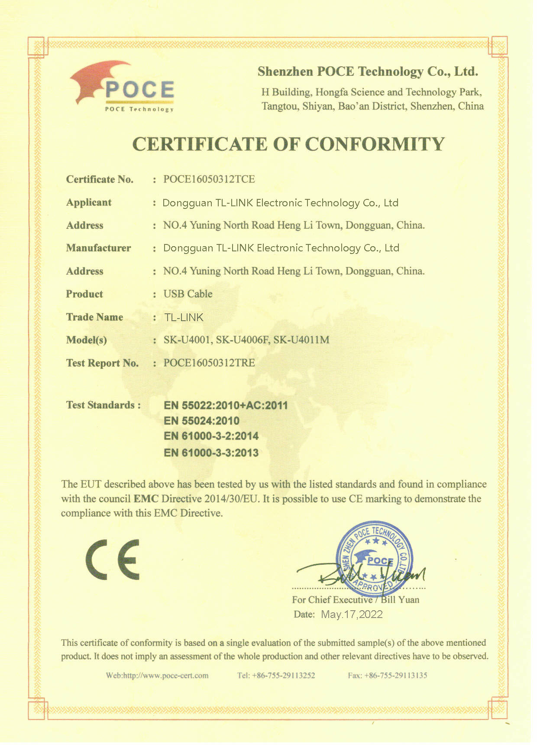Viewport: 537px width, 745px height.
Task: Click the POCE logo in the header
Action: pyautogui.click(x=123, y=87)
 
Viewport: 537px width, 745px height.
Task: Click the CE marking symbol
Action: pyautogui.click(x=113, y=560)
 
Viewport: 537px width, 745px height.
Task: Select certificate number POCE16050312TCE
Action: pyautogui.click(x=209, y=179)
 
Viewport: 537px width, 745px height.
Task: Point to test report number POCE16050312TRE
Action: pyautogui.click(x=209, y=363)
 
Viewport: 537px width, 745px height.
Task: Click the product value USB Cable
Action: pyautogui.click(x=188, y=294)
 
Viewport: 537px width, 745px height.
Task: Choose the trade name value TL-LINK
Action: pyautogui.click(x=184, y=317)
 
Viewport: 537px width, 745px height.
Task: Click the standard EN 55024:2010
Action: pyautogui.click(x=201, y=420)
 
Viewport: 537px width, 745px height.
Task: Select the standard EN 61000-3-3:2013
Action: pyautogui.click(x=211, y=453)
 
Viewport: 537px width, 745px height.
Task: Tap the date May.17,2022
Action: pyautogui.click(x=352, y=615)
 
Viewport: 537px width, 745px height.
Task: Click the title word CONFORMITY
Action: pyautogui.click(x=375, y=144)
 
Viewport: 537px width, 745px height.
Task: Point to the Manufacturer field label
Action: pyautogui.click(x=98, y=248)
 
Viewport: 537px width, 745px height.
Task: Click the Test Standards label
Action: pyautogui.click(x=103, y=405)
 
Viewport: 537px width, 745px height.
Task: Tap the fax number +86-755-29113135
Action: pyautogui.click(x=396, y=675)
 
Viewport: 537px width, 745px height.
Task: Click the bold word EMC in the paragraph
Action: pyautogui.click(x=146, y=499)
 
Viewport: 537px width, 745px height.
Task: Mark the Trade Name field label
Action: pyautogui.click(x=94, y=317)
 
